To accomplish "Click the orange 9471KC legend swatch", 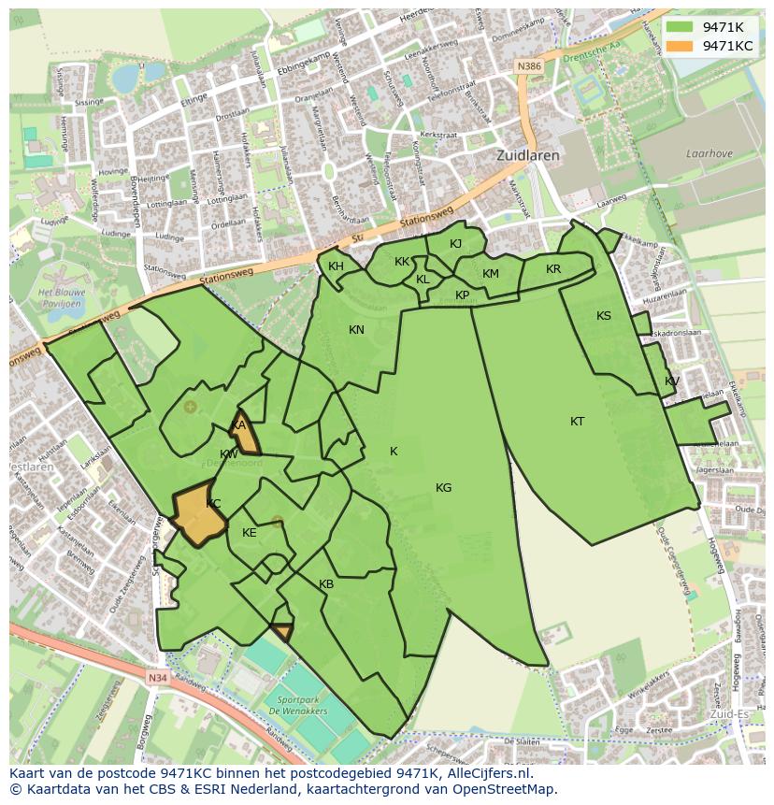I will tap(681, 46).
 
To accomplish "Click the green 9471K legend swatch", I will tap(681, 27).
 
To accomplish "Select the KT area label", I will tap(577, 422).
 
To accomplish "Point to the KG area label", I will tap(443, 488).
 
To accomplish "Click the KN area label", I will tap(356, 330).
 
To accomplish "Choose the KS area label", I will tap(604, 316).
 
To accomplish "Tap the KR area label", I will tap(553, 269).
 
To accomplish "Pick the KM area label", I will tap(491, 274).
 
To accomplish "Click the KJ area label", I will tap(455, 244).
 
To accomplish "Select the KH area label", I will tap(336, 266).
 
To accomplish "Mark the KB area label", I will tap(326, 584).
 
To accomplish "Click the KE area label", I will tap(250, 533).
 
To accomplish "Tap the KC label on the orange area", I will tap(213, 504).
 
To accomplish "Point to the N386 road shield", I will tap(529, 66).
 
